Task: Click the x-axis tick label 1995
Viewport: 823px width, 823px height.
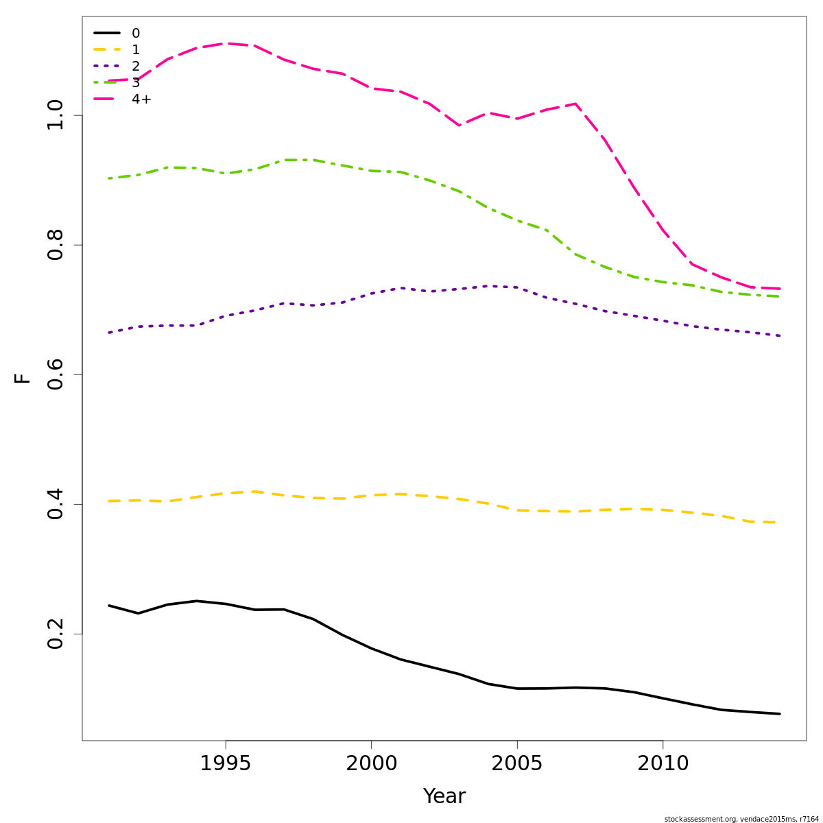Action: (225, 763)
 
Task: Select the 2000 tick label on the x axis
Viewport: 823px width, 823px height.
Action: (371, 763)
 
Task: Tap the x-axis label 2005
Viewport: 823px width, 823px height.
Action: (517, 763)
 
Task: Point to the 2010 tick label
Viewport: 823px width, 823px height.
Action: (663, 763)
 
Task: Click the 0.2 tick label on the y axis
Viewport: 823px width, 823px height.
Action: (55, 634)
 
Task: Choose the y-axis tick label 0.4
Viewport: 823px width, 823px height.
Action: (55, 504)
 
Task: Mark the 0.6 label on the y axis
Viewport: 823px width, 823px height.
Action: (55, 374)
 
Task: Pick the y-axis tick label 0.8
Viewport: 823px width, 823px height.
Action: (55, 245)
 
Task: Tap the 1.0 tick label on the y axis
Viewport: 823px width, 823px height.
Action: (55, 115)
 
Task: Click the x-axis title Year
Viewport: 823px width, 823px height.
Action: (444, 796)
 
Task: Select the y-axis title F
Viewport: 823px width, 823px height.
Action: (23, 378)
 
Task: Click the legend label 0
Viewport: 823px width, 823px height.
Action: (136, 34)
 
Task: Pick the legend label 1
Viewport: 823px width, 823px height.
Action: (136, 50)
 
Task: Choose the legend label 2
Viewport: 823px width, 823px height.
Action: (136, 67)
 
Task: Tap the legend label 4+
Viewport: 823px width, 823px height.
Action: (141, 99)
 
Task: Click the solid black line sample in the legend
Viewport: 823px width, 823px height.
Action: (107, 33)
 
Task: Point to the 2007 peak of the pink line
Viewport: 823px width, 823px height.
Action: (575, 104)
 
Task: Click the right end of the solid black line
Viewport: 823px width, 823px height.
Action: (780, 714)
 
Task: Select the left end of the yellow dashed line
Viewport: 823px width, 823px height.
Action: (109, 501)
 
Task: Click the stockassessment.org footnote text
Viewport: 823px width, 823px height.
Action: (741, 819)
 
